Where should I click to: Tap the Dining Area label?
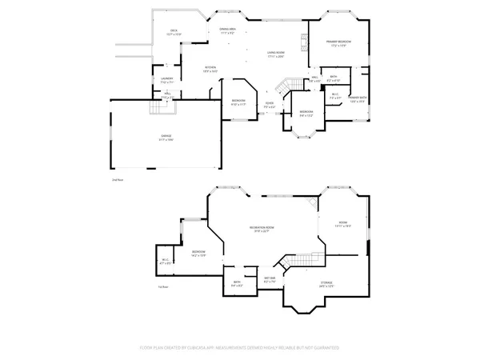pyautogui.click(x=227, y=31)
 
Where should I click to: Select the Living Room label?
pyautogui.click(x=276, y=54)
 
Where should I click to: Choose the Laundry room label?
pyautogui.click(x=166, y=80)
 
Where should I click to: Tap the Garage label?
pyautogui.click(x=166, y=138)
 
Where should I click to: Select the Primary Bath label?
pyautogui.click(x=356, y=99)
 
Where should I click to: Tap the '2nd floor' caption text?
pyautogui.click(x=118, y=181)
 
